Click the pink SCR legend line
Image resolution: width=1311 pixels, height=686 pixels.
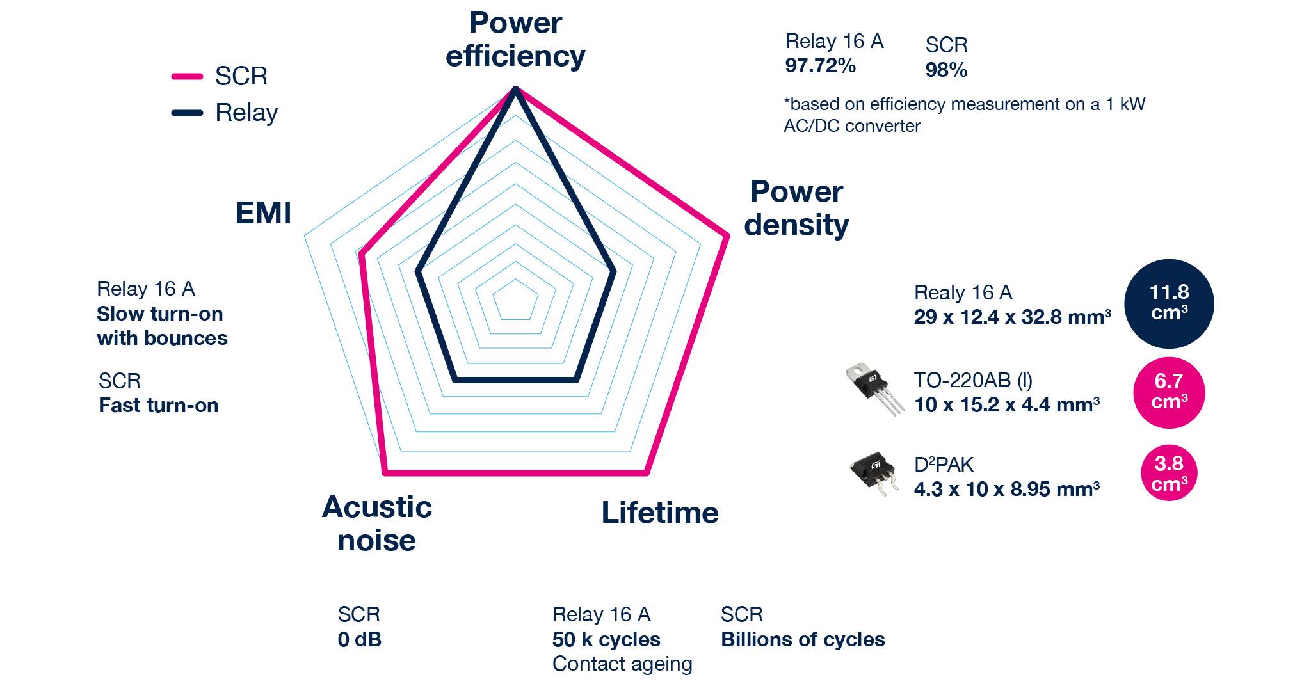(x=187, y=77)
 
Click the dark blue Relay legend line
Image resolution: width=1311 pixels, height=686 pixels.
(x=187, y=113)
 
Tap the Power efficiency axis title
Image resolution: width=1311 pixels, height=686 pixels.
(x=515, y=40)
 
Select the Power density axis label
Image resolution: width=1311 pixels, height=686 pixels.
(x=796, y=209)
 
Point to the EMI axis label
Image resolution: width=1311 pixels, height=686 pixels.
(x=263, y=213)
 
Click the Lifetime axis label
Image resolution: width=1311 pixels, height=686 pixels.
(x=660, y=513)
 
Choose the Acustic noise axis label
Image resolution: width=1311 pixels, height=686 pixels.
(x=377, y=524)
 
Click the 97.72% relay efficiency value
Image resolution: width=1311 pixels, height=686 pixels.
(x=820, y=66)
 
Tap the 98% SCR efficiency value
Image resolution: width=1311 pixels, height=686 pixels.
(x=945, y=70)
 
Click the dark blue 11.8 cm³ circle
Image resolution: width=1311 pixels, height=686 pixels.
(x=1169, y=303)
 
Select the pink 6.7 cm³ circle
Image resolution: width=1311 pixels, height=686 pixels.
(x=1169, y=392)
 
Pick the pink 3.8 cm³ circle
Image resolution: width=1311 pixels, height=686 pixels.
(x=1169, y=474)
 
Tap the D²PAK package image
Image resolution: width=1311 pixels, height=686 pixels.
(x=872, y=474)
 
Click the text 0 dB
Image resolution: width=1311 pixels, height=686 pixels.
(x=359, y=639)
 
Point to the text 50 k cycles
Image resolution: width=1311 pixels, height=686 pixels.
(x=606, y=639)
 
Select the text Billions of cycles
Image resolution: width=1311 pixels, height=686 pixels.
(x=803, y=639)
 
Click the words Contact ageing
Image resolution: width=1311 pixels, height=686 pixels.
(x=622, y=664)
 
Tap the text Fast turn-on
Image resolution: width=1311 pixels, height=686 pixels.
(x=159, y=406)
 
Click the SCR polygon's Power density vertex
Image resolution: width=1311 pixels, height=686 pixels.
(x=727, y=236)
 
